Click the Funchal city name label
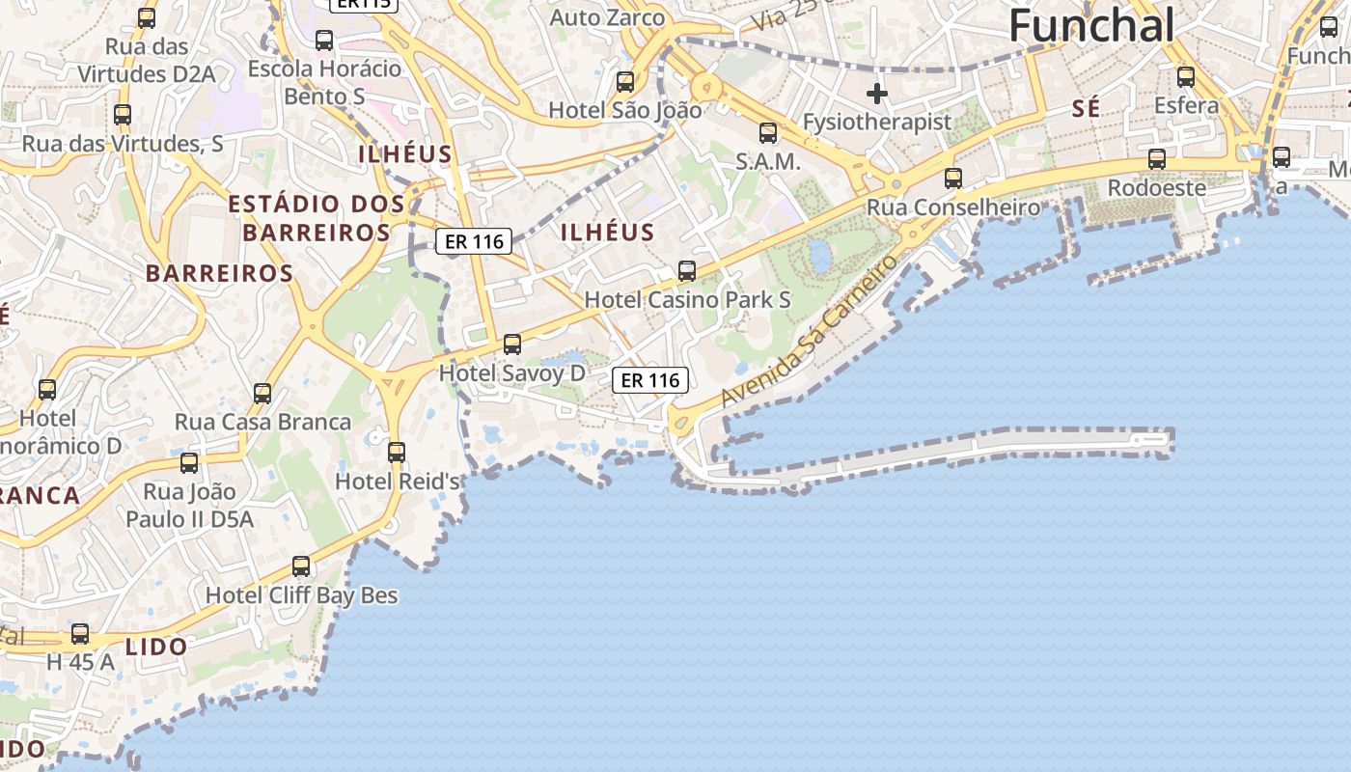click(1091, 26)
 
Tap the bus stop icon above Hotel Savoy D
click(512, 344)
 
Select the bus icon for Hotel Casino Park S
click(687, 271)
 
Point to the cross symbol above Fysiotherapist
click(877, 94)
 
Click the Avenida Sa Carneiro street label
click(803, 330)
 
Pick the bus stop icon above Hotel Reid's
click(397, 452)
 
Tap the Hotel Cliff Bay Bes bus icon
click(301, 566)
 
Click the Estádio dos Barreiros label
click(317, 218)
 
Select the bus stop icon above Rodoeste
click(1156, 159)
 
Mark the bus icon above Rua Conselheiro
click(953, 179)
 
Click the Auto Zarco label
click(607, 17)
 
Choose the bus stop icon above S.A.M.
click(768, 133)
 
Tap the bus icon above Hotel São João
click(625, 82)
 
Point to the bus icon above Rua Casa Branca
click(262, 394)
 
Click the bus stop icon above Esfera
click(1186, 77)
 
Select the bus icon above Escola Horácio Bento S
click(324, 41)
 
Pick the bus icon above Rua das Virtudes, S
click(123, 115)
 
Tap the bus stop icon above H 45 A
click(80, 634)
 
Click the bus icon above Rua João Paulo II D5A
click(189, 463)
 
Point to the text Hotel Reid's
click(398, 481)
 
